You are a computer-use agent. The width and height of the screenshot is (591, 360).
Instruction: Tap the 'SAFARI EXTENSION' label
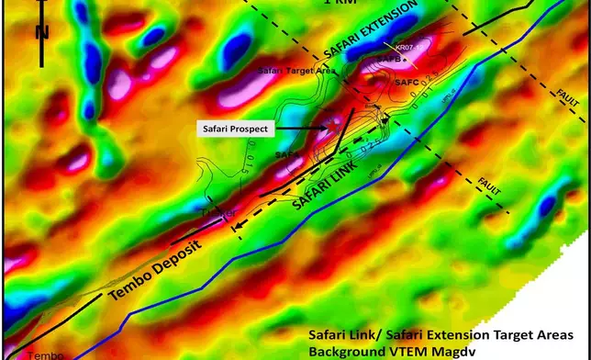point(364,28)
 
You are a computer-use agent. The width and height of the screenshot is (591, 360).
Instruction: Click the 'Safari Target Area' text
point(296,70)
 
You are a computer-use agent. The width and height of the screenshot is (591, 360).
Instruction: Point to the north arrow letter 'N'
point(41,33)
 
